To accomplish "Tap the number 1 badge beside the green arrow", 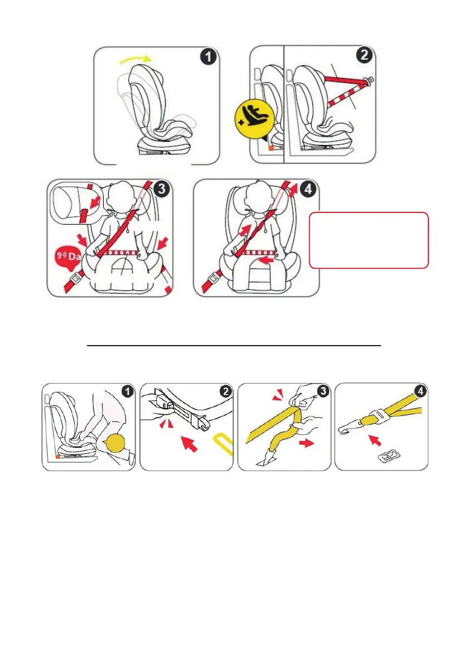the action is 208,57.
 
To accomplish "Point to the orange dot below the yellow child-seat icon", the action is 271,148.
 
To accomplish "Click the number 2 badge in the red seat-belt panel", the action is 364,55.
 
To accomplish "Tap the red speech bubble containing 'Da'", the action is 68,256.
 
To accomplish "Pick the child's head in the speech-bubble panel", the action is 126,197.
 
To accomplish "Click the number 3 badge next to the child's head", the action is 162,189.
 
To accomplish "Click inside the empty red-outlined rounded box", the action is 369,240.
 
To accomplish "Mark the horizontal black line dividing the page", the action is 234,346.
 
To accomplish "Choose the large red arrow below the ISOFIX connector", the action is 190,443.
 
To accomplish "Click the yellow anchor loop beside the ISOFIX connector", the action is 223,444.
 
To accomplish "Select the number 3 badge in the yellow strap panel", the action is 323,390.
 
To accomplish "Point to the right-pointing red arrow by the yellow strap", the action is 307,443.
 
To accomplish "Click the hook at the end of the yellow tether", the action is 348,429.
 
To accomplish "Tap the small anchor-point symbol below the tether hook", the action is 389,457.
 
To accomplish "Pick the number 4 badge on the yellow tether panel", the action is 420,391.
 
